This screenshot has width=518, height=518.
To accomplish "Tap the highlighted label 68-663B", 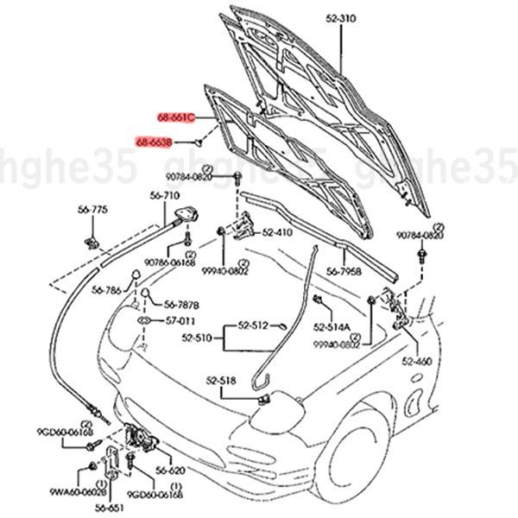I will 155,141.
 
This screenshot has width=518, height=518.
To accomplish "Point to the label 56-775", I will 93,210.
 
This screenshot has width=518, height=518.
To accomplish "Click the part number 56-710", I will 164,197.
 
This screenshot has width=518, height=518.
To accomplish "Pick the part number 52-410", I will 278,232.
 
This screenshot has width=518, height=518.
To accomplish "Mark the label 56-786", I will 107,292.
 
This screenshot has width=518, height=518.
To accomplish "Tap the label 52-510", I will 198,339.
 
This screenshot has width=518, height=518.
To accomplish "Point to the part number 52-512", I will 255,325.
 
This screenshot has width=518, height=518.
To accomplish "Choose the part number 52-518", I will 221,380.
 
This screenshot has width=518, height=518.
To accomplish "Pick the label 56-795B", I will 344,271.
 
